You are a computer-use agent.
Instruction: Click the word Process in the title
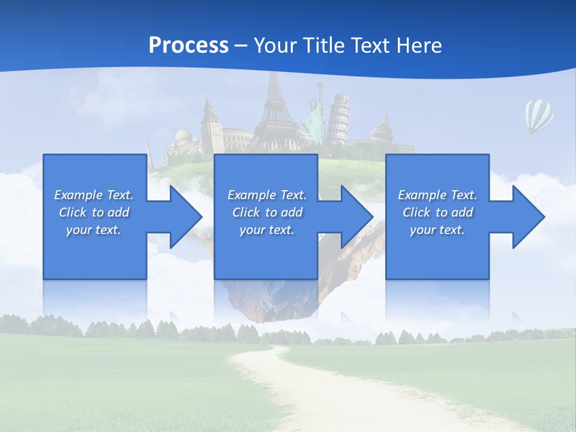click(188, 45)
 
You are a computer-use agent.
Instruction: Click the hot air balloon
click(538, 116)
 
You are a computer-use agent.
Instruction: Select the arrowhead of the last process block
click(527, 217)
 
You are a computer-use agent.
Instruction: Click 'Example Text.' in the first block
click(94, 195)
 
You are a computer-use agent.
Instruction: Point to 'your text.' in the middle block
click(266, 230)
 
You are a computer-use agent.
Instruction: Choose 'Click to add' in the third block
click(437, 212)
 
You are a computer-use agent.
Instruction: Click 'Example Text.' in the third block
click(437, 195)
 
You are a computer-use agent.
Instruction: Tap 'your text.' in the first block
click(94, 230)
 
